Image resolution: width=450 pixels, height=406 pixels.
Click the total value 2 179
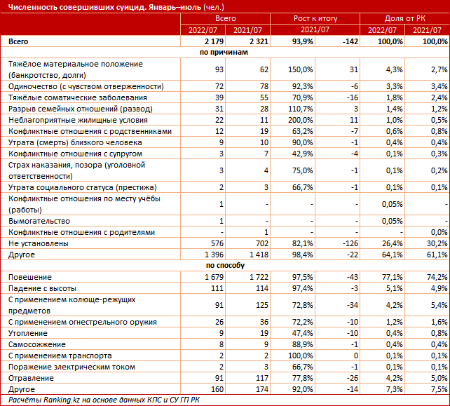(x=214, y=41)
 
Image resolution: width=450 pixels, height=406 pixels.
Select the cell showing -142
(x=350, y=41)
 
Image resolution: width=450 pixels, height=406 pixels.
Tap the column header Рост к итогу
(x=315, y=19)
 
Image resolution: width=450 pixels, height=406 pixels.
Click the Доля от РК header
(x=404, y=19)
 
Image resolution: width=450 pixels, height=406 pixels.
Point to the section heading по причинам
(x=224, y=53)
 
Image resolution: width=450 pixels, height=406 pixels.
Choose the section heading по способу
(x=225, y=266)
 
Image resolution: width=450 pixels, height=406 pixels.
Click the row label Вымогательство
(x=39, y=221)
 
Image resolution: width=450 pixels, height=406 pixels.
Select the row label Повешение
(x=30, y=277)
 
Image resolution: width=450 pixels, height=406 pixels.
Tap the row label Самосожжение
(x=37, y=344)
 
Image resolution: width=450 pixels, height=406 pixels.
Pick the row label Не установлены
(x=39, y=243)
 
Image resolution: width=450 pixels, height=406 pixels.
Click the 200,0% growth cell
(x=301, y=120)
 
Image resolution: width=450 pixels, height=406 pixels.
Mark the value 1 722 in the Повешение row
(x=259, y=277)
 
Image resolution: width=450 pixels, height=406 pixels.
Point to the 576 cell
(x=217, y=243)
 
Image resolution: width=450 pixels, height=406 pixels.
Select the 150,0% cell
(x=301, y=69)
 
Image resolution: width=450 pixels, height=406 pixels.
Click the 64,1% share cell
(x=393, y=255)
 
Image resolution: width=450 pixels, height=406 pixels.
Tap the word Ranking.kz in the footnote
(x=62, y=400)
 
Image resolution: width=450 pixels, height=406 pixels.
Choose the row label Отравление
(x=31, y=378)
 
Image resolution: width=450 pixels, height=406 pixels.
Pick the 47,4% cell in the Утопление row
(x=303, y=333)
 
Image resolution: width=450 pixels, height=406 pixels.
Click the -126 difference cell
(x=350, y=243)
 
